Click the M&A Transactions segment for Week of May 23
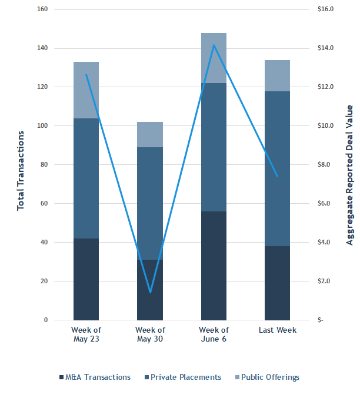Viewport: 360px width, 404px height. coord(86,279)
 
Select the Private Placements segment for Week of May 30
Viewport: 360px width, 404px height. coord(150,203)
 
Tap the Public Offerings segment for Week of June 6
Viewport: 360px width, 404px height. coord(214,58)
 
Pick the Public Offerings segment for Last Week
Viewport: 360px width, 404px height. coord(277,75)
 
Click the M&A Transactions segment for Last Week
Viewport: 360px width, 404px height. coord(277,283)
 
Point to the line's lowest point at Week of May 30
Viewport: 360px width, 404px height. coord(150,292)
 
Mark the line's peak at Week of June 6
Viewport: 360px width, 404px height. coord(214,45)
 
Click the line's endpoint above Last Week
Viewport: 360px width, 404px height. coord(277,176)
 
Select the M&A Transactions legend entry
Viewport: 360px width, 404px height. coord(95,377)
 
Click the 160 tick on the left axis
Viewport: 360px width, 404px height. coord(42,9)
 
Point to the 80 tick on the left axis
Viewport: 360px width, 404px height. coord(44,165)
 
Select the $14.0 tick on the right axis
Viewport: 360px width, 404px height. coord(325,48)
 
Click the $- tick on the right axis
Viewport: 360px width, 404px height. coord(321,320)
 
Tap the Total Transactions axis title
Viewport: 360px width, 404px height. coord(21,171)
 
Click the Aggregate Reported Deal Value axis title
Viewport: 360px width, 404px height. coord(349,175)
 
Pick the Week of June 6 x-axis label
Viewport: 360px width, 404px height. coord(214,335)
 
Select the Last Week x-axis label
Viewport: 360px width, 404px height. coord(277,330)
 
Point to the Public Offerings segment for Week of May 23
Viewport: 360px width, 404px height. coord(86,90)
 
